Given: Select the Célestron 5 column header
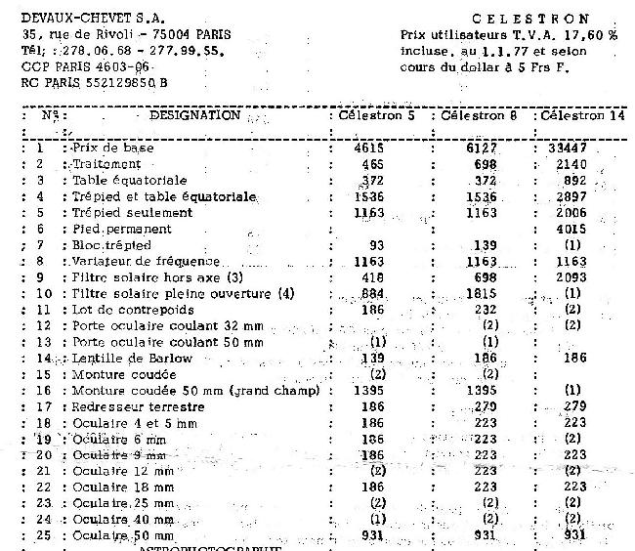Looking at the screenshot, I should tap(376, 115).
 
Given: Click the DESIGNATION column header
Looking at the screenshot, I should tap(195, 115).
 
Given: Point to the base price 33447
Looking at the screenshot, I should tap(567, 148).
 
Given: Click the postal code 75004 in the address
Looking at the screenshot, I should tap(148, 34).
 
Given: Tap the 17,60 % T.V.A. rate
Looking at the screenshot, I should tap(592, 34).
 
